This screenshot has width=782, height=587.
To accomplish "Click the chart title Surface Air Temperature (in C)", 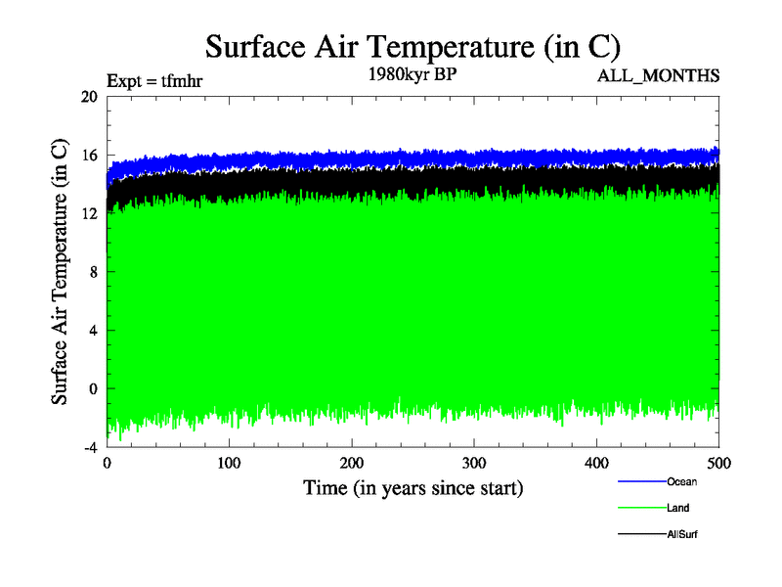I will [413, 46].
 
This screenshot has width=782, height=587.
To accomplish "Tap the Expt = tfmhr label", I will [154, 82].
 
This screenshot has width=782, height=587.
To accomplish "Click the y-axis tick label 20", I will [89, 97].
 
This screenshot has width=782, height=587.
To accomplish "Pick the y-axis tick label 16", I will [89, 156].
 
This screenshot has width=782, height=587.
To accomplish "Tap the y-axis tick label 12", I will [89, 213].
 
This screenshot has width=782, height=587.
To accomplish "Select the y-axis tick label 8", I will [93, 272].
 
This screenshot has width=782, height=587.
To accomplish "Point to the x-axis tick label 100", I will [230, 463].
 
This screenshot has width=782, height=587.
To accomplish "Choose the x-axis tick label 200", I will [352, 463].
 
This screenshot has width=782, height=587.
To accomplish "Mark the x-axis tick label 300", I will [474, 463].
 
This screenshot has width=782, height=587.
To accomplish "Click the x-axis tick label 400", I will [596, 463].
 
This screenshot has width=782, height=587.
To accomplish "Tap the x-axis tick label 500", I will [718, 463].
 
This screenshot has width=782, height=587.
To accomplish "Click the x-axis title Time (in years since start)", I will [413, 486].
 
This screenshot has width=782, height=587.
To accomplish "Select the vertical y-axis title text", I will [60, 272].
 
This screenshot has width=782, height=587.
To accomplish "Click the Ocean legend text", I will [682, 481].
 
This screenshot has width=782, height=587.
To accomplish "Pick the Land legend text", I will [679, 508].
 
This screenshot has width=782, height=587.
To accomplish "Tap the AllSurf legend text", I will [683, 534].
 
